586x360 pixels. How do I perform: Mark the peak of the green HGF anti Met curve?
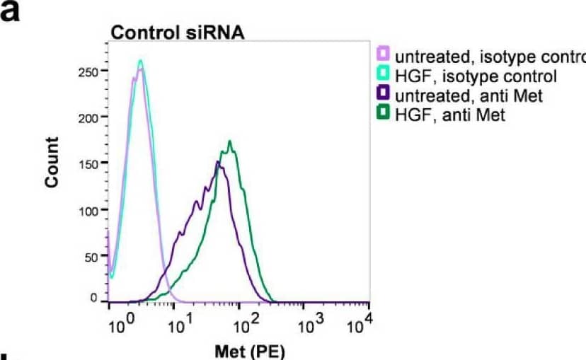coord(230,141)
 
